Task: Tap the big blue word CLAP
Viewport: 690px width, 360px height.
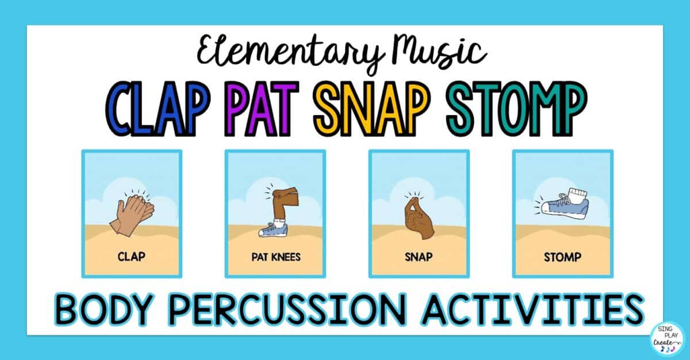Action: [x=156, y=109]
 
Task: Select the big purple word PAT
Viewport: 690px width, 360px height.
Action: [x=262, y=109]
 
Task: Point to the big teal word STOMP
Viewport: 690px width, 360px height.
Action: [x=516, y=109]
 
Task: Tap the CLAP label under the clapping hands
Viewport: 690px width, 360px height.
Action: [x=132, y=256]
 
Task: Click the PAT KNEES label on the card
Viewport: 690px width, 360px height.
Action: [x=275, y=257]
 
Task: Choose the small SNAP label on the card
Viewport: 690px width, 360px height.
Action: [x=419, y=257]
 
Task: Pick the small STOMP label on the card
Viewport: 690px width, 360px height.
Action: [x=562, y=257]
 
